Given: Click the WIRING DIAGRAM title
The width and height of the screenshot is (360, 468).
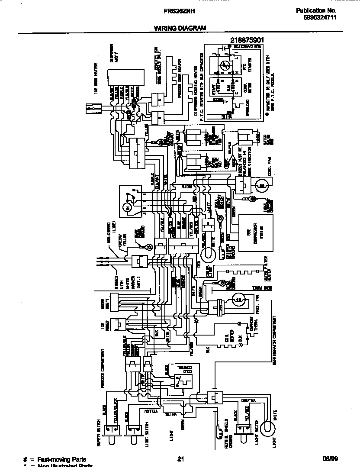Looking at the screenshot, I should pos(180,28).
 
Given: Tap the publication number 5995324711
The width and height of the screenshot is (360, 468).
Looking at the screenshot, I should pos(317,18).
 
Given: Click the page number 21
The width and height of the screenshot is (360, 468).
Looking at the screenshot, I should pos(181,460).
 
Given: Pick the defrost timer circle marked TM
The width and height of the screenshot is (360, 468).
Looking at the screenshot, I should pos(127,209).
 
